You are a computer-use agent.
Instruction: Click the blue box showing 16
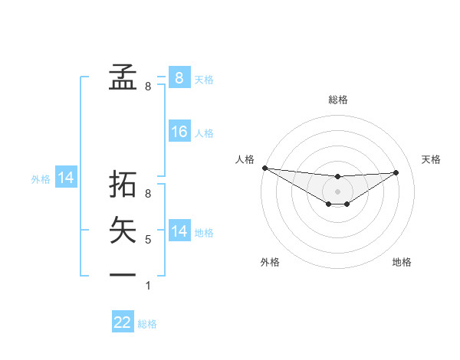pyautogui.click(x=179, y=132)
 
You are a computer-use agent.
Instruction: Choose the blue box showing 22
pyautogui.click(x=123, y=322)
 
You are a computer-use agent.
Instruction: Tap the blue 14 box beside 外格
pyautogui.click(x=66, y=178)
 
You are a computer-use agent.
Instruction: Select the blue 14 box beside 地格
pyautogui.click(x=179, y=231)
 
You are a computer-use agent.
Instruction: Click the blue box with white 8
pyautogui.click(x=179, y=77)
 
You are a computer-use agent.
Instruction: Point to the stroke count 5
pyautogui.click(x=148, y=240)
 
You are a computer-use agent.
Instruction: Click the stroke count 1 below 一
pyautogui.click(x=148, y=286)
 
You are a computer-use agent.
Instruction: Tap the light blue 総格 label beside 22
pyautogui.click(x=147, y=324)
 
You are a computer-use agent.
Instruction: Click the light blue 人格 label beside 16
pyautogui.click(x=204, y=133)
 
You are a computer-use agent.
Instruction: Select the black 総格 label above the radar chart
pyautogui.click(x=337, y=100)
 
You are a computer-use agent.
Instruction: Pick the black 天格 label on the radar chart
pyautogui.click(x=432, y=159)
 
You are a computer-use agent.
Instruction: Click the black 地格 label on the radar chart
pyautogui.click(x=402, y=262)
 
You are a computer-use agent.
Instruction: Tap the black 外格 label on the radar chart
pyautogui.click(x=270, y=262)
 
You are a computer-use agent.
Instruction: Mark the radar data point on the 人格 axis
pyautogui.click(x=264, y=168)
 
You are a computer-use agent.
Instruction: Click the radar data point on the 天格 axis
pyautogui.click(x=396, y=172)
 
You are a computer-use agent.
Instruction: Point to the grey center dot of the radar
pyautogui.click(x=337, y=191)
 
